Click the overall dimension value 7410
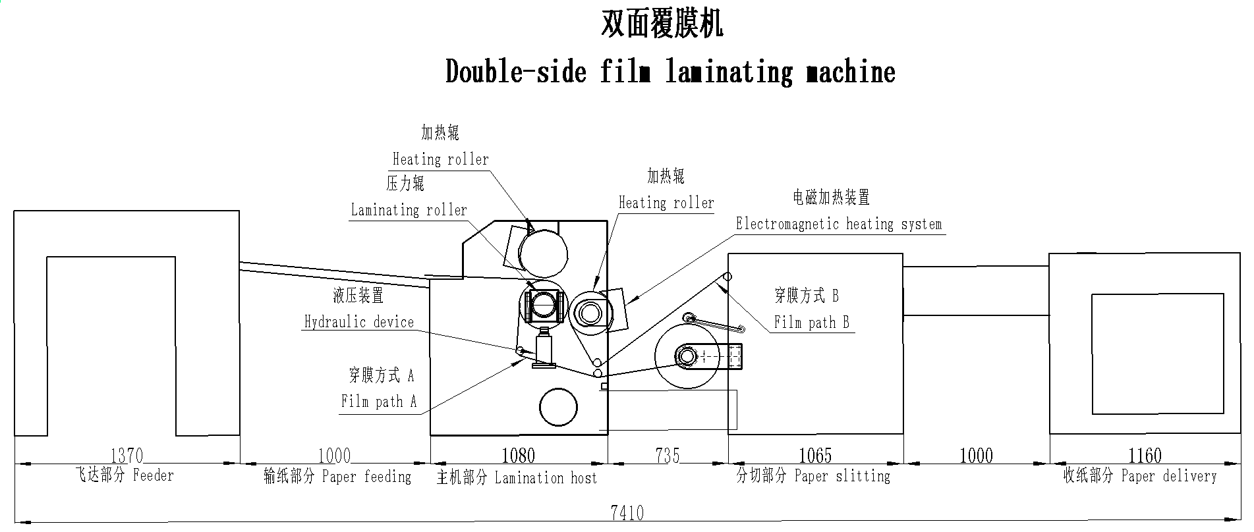point(627,512)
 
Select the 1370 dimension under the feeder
point(127,455)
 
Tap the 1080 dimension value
point(518,455)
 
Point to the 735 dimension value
point(668,455)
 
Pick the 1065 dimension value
point(815,455)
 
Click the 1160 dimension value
point(1144,455)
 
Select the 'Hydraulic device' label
point(358,322)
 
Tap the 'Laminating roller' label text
point(409,210)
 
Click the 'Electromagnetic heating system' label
point(839,224)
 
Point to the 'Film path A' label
point(379,401)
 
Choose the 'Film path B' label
point(811,322)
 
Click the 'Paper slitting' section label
point(842,475)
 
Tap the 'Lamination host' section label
point(546,477)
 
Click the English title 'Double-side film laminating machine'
point(670,71)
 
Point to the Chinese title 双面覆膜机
point(662,24)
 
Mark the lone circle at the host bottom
point(558,407)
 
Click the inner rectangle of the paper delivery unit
point(1157,354)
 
